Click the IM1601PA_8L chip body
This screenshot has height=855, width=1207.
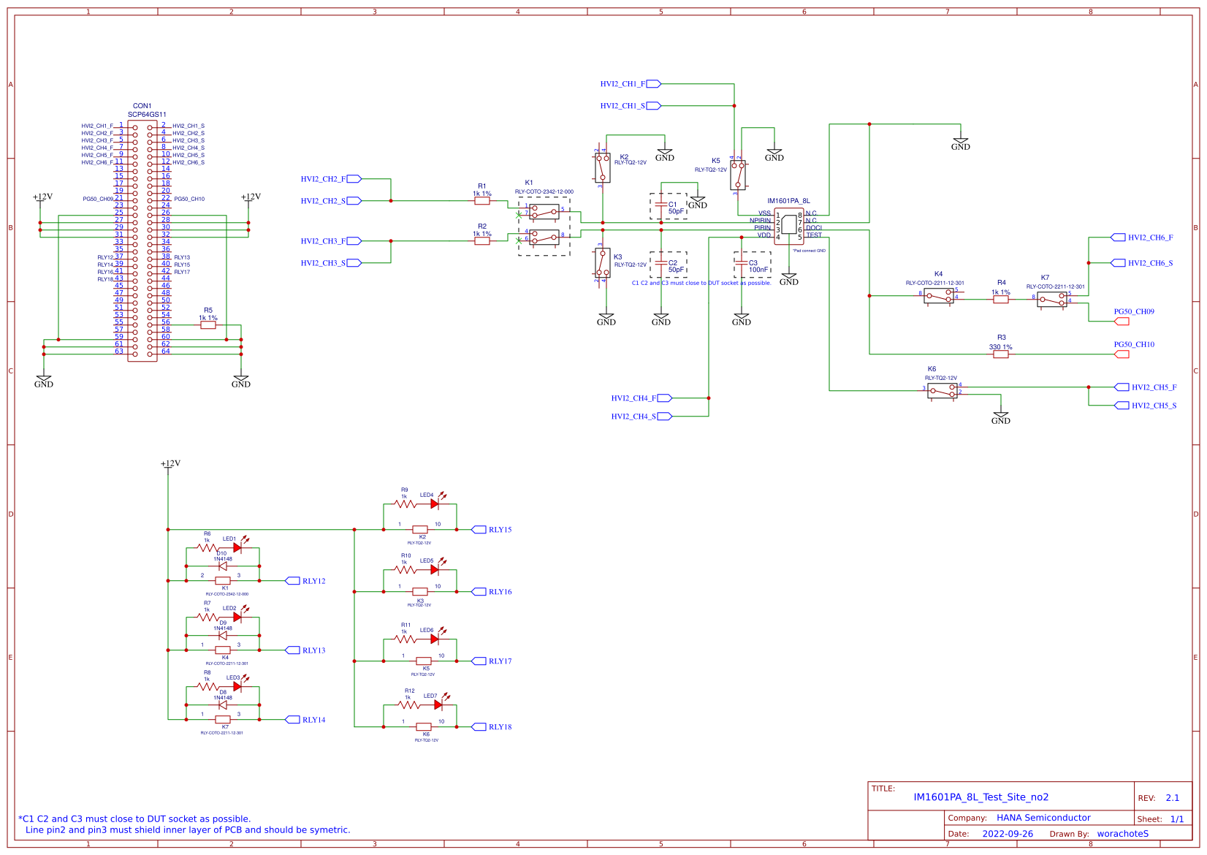click(x=789, y=225)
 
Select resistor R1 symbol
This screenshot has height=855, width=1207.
click(x=482, y=201)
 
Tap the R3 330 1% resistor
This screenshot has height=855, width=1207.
click(x=1001, y=354)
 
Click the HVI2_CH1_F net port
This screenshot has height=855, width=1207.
click(x=653, y=84)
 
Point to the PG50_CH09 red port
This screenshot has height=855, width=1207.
click(x=1122, y=322)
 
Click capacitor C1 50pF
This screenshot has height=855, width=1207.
click(x=661, y=206)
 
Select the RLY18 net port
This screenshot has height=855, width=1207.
click(x=479, y=727)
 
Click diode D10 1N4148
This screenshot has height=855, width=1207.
click(x=223, y=566)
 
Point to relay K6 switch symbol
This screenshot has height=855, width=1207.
click(x=943, y=391)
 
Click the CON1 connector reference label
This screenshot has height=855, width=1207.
click(x=142, y=106)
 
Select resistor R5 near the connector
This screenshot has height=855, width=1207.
click(x=208, y=325)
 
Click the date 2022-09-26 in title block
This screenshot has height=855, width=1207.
click(x=1008, y=834)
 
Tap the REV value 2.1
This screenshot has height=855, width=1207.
click(x=1173, y=798)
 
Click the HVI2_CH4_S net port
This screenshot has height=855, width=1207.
click(x=665, y=417)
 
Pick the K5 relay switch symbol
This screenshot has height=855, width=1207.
click(x=738, y=175)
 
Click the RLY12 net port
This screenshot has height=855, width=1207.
click(x=292, y=581)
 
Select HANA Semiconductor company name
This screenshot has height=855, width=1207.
click(x=1043, y=818)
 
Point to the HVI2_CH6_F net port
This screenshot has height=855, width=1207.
click(x=1118, y=237)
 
